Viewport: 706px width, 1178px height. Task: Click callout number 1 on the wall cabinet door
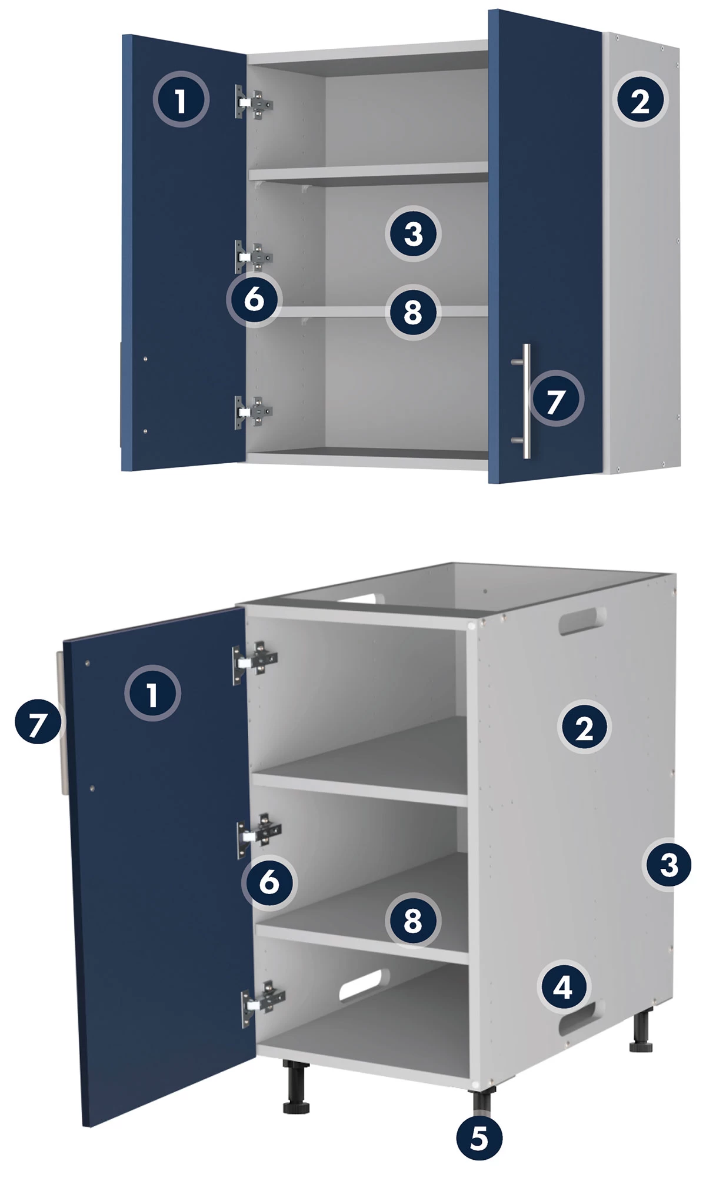click(181, 100)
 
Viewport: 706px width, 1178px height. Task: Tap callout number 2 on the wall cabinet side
click(641, 100)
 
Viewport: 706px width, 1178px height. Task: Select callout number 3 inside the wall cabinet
click(414, 234)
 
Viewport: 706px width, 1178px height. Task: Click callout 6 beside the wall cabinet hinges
click(254, 299)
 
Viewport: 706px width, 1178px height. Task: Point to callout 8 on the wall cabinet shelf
click(413, 312)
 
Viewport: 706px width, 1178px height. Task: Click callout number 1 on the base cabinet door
click(152, 694)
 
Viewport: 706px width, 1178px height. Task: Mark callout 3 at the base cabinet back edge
click(669, 864)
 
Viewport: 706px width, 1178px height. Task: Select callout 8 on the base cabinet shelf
click(413, 921)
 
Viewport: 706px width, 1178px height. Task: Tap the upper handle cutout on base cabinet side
click(582, 621)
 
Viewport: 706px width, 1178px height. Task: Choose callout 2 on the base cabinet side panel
click(584, 728)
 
